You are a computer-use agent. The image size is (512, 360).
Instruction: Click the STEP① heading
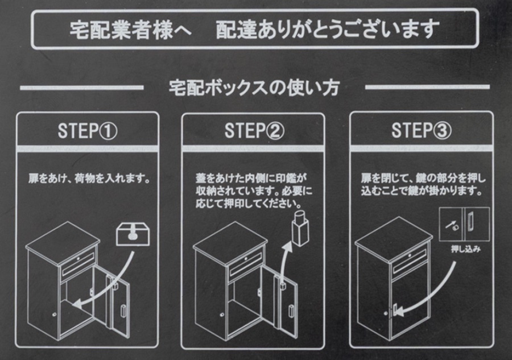pos(87,131)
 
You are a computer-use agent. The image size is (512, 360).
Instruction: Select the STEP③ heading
pos(421,131)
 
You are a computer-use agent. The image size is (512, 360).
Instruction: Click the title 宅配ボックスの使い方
pos(254,88)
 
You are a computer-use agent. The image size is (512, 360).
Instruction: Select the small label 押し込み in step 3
pos(466,249)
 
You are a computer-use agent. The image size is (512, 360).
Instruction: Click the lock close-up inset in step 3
pos(464,225)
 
